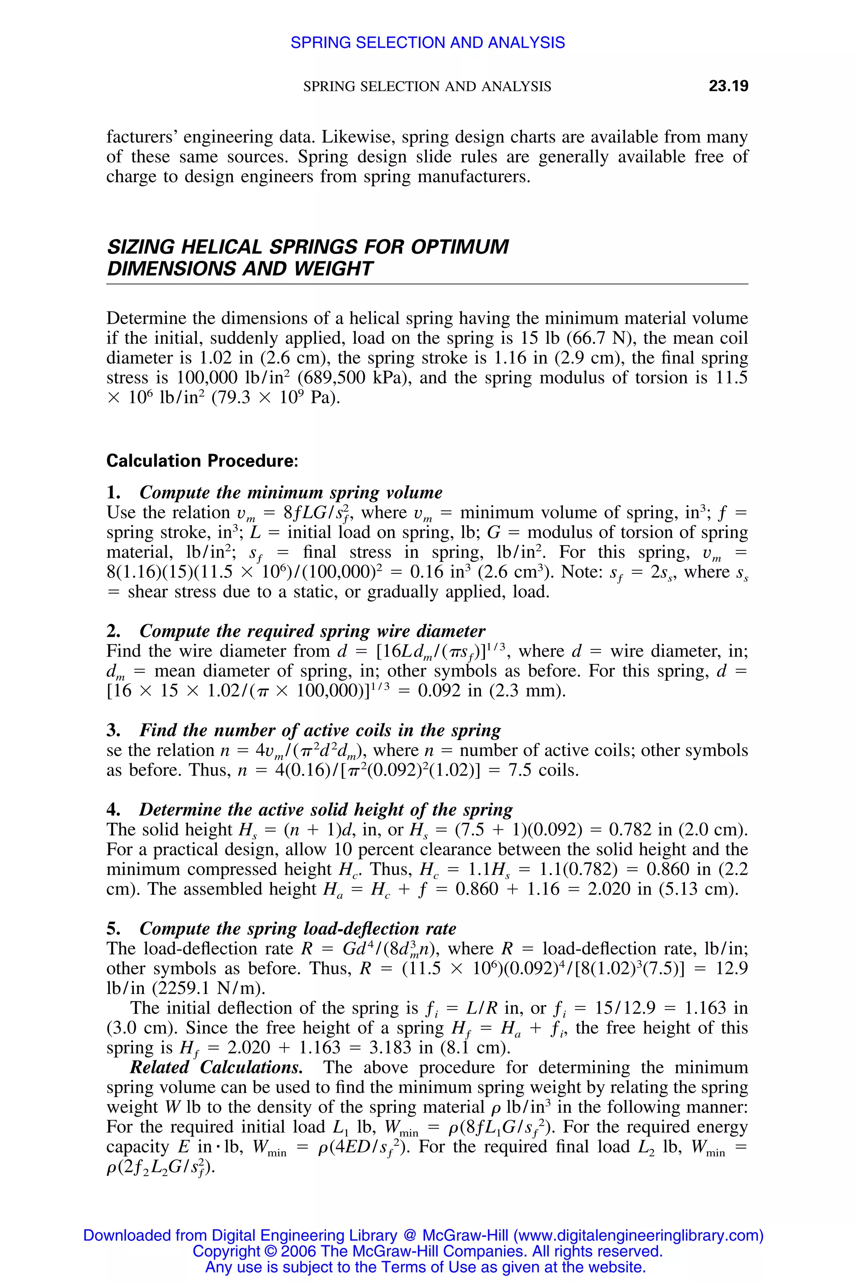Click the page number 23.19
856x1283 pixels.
[728, 86]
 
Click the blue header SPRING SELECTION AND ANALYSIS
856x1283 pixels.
[428, 43]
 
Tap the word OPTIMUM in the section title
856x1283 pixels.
[460, 247]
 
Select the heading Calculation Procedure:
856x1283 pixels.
[202, 461]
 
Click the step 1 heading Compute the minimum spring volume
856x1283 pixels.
[290, 492]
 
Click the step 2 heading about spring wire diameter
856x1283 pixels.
[312, 631]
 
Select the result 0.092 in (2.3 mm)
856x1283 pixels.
[492, 691]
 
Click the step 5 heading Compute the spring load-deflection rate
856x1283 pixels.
[298, 929]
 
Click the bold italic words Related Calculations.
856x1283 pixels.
[216, 1067]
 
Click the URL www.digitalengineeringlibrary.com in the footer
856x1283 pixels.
[638, 1235]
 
